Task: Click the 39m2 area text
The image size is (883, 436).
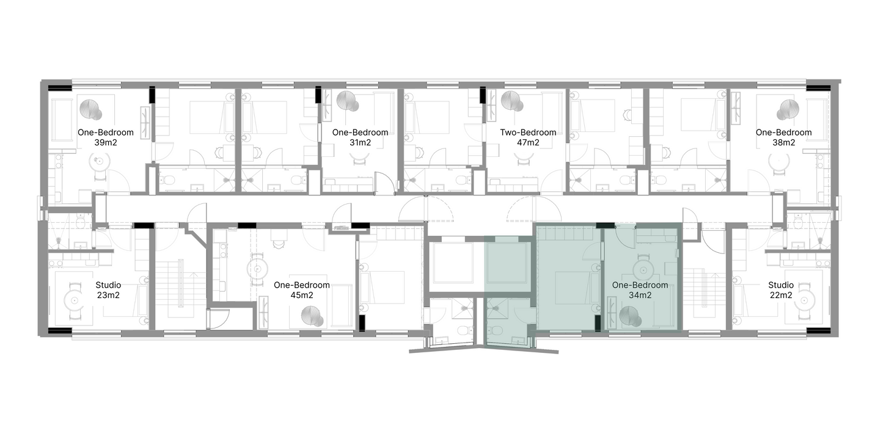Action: point(106,142)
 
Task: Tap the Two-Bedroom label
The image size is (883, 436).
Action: point(528,133)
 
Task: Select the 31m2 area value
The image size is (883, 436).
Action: point(360,142)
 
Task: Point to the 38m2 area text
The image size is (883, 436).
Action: point(783,142)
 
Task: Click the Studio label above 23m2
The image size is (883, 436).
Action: point(108,285)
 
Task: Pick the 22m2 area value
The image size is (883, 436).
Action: point(781,295)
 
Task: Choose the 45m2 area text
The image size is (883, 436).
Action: point(302,295)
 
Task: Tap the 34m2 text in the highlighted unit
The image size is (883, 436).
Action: point(640,295)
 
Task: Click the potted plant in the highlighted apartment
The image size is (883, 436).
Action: point(629,316)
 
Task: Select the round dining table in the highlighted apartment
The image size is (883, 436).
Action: point(641,267)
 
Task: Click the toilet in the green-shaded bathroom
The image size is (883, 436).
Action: point(497,330)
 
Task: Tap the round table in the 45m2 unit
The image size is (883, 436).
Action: point(258,267)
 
